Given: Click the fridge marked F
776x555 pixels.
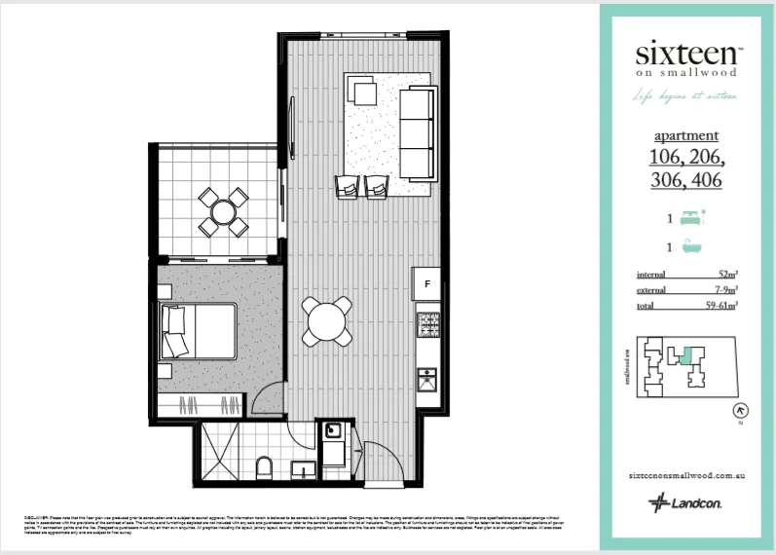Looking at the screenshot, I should [426, 284].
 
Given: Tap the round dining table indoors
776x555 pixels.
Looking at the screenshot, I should [326, 320].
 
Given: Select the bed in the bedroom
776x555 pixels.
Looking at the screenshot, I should [200, 330].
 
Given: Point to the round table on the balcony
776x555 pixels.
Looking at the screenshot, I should [224, 212].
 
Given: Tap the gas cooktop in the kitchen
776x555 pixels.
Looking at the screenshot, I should [427, 325].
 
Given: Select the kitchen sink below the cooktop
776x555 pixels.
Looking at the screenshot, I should [427, 384].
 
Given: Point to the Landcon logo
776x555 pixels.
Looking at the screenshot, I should [686, 502].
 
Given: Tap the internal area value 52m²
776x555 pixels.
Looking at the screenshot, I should [725, 275].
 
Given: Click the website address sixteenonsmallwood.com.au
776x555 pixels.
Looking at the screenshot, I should [687, 475].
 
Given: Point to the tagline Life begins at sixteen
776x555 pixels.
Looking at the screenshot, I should [687, 95].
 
